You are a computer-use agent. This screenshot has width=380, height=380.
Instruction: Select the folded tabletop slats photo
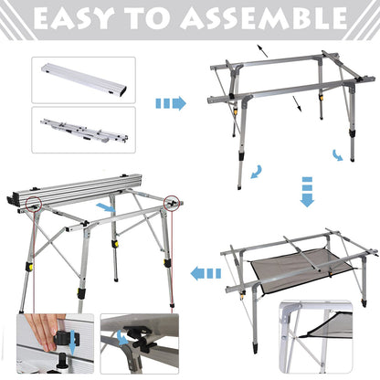tap(82, 79)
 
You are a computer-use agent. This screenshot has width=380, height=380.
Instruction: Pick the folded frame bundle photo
tap(82, 130)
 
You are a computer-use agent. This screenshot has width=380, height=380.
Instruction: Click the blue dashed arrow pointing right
tap(170, 103)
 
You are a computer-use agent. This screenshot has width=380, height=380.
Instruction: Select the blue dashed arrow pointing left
tap(206, 271)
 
